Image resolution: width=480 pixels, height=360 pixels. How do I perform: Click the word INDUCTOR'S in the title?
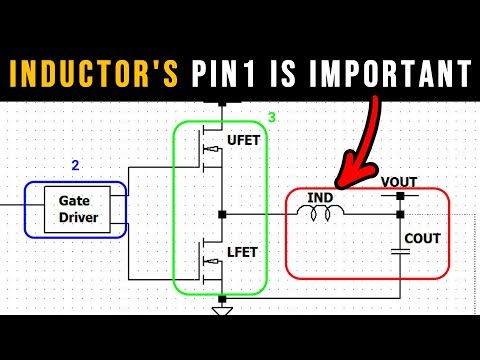tap(94, 73)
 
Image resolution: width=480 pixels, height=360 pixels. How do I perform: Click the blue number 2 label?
tap(74, 164)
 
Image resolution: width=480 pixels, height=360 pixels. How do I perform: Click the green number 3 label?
tap(271, 118)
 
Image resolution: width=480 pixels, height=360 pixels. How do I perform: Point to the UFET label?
tap(243, 140)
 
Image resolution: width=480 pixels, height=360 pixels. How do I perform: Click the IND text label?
tap(321, 197)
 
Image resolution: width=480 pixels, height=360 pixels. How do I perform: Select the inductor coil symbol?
tap(321, 212)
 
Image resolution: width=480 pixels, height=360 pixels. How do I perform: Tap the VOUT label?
tap(399, 182)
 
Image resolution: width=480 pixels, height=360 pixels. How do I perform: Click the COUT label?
tap(421, 239)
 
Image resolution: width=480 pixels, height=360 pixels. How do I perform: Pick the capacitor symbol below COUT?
tap(400, 252)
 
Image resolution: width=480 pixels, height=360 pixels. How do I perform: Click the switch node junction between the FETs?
tap(222, 213)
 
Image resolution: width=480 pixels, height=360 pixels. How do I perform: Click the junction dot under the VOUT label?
tap(400, 196)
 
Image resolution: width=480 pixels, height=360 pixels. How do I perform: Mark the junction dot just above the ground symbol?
tap(222, 298)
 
